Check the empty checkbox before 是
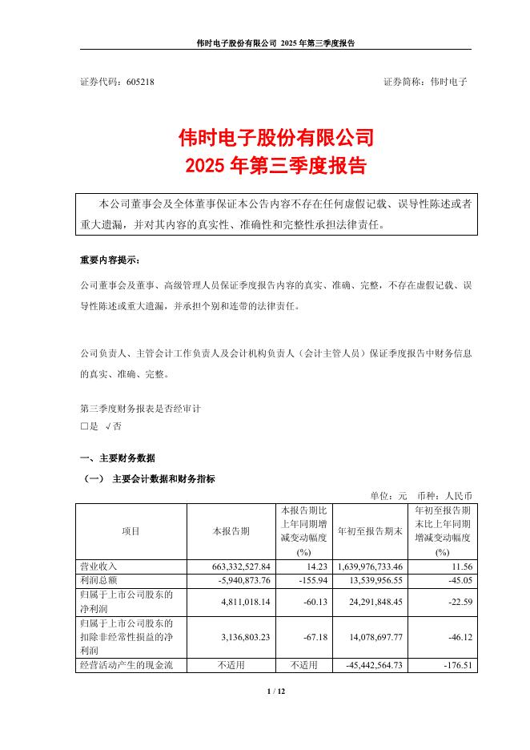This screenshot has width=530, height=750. click(84, 427)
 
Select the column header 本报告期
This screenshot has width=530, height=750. click(231, 531)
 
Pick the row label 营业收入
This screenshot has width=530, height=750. click(98, 567)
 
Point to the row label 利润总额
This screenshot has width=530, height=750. click(98, 578)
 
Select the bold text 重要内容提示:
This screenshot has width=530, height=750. click(109, 260)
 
